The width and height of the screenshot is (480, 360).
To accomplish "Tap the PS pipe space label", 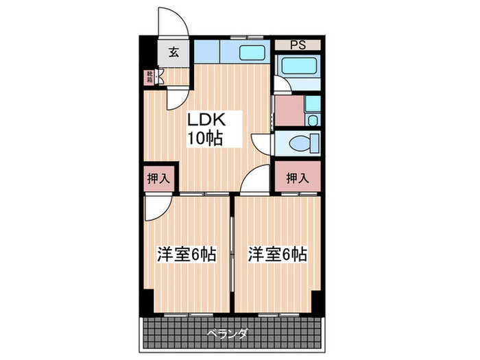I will (297, 45).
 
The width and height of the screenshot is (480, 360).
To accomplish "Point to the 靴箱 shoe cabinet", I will (149, 77).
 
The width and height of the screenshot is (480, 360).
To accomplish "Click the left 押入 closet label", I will (159, 179).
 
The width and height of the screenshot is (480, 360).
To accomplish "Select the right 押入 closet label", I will (297, 179).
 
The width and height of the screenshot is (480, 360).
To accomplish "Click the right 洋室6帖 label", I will (277, 254).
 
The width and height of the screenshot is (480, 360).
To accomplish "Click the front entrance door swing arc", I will (173, 21).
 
